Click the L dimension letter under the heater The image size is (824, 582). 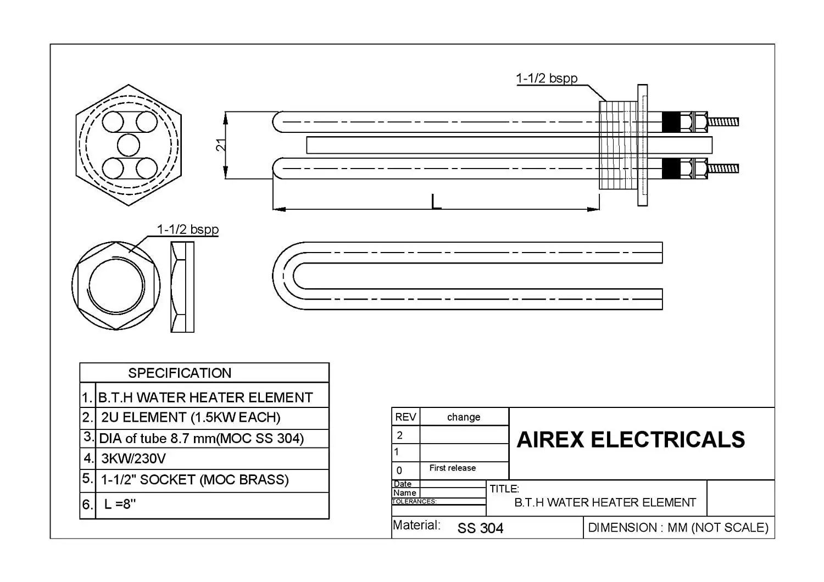[436, 202]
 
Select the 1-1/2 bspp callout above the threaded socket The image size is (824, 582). [547, 79]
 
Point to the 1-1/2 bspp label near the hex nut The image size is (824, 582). [188, 230]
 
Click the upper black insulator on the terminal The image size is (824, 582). [670, 121]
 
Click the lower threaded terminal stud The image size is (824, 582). [723, 168]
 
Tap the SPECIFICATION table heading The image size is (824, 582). [180, 373]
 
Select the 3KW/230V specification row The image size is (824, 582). [133, 458]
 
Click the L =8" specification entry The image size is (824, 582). [120, 504]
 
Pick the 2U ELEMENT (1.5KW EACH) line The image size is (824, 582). [191, 417]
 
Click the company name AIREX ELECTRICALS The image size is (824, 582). [631, 440]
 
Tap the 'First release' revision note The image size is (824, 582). [453, 468]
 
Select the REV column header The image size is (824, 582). [405, 417]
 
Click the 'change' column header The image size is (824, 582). [464, 417]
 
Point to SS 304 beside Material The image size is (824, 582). [480, 528]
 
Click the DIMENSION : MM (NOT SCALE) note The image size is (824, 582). [678, 528]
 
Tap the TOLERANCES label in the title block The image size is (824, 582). [414, 501]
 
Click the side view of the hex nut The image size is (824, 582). [182, 287]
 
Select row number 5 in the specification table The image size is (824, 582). [87, 479]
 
